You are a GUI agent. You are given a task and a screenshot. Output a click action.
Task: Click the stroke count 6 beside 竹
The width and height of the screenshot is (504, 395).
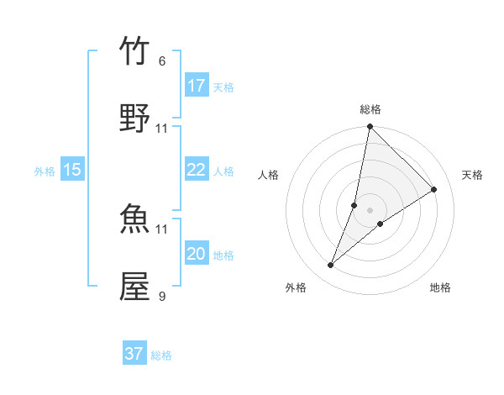tap(162, 61)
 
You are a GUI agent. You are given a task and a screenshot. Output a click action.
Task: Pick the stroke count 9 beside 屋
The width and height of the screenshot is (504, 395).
tap(162, 295)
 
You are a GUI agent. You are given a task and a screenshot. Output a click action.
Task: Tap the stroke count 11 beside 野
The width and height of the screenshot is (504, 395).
tap(162, 128)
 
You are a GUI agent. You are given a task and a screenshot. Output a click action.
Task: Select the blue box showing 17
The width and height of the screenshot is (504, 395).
tap(197, 86)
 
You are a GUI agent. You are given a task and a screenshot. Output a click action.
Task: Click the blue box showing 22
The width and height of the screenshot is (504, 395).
tap(197, 169)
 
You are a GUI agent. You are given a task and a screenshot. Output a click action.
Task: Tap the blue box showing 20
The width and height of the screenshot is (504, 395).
tap(197, 254)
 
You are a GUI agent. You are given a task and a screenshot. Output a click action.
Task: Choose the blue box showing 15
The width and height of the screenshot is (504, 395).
tap(72, 170)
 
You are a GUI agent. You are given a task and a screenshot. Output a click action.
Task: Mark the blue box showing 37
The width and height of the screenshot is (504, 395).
tap(134, 354)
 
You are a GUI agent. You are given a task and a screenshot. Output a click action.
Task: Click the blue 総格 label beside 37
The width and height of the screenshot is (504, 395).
tap(162, 355)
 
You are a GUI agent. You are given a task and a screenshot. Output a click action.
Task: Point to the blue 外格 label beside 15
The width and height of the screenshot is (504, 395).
tap(45, 171)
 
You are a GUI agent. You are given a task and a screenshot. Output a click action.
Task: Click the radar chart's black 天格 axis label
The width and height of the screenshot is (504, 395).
tap(473, 175)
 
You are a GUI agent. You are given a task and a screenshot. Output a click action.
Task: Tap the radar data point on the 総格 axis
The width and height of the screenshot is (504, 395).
tap(370, 128)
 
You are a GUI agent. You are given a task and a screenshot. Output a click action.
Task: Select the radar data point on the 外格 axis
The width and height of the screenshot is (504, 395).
tap(331, 266)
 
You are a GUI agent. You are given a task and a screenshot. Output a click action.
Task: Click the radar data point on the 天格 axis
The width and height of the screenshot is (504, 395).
tap(434, 189)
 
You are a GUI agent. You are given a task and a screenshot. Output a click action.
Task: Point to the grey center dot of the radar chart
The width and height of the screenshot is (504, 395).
tap(370, 210)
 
